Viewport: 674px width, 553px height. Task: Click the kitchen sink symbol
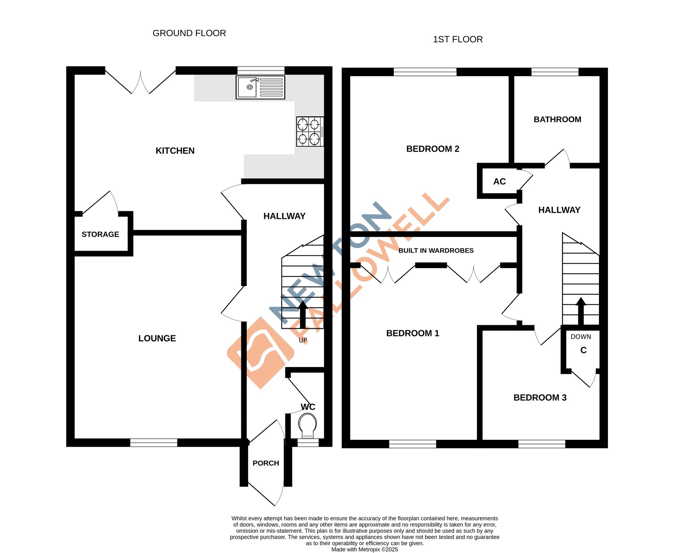(260, 87)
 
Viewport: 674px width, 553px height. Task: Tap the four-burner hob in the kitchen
(310, 131)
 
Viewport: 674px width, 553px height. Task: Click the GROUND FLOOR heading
(189, 33)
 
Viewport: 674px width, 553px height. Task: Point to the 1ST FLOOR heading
(458, 39)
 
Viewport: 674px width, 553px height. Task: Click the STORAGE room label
(100, 234)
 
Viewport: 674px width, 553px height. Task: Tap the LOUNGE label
(157, 338)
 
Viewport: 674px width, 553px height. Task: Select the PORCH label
(266, 463)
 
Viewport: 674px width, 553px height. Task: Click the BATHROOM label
(557, 119)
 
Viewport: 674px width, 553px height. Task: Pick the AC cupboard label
(499, 182)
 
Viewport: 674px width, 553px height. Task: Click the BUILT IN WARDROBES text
(436, 250)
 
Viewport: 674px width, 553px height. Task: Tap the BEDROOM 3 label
(540, 398)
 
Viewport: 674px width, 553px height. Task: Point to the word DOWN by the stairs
(581, 337)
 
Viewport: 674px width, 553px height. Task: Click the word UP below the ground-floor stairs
(303, 340)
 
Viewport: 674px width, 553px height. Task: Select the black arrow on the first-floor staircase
(581, 311)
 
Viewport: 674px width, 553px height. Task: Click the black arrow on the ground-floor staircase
(303, 314)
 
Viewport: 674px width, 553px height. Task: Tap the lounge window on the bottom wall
(154, 442)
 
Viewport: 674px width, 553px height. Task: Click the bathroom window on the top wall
(555, 72)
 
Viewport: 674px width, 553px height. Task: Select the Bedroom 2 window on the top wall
(425, 72)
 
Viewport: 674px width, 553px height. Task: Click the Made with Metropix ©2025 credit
(364, 549)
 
